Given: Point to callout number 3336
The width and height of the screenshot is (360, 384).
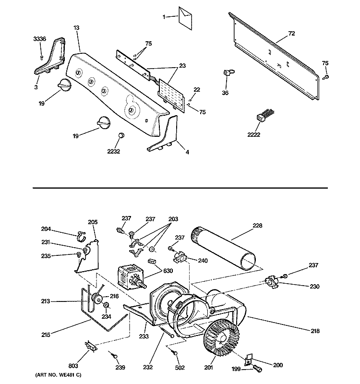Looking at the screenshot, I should coord(39,39).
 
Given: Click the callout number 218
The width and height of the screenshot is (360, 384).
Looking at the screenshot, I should coord(314,331).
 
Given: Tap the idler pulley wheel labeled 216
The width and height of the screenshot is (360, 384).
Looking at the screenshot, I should coord(98,301).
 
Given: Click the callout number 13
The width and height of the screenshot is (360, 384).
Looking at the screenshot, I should coord(75,27).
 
